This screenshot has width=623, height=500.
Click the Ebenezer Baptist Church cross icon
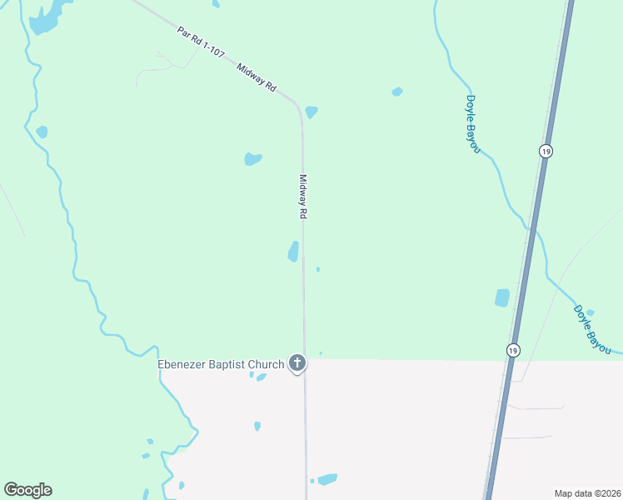coord(297,363)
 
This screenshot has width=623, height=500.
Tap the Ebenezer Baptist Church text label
coord(222,363)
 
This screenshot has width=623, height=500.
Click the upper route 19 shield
coord(545,151)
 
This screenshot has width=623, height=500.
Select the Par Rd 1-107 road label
coord(201,41)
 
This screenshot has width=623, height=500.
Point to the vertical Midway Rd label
coord(303,197)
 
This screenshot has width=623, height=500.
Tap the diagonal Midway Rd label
coord(257,77)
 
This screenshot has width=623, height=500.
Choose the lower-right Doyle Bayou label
coord(592,327)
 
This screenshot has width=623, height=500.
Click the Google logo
coord(27,490)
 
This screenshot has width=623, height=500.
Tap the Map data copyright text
coord(587,492)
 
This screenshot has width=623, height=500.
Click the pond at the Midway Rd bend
coord(311,112)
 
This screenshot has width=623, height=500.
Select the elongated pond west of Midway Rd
coord(293,251)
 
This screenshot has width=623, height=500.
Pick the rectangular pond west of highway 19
coord(502,297)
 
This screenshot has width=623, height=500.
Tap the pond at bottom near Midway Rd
coord(327,479)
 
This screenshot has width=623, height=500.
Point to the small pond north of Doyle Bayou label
coord(397,92)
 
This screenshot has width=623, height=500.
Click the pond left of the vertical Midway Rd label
coord(252,158)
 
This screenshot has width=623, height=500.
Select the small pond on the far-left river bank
coord(42,132)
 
